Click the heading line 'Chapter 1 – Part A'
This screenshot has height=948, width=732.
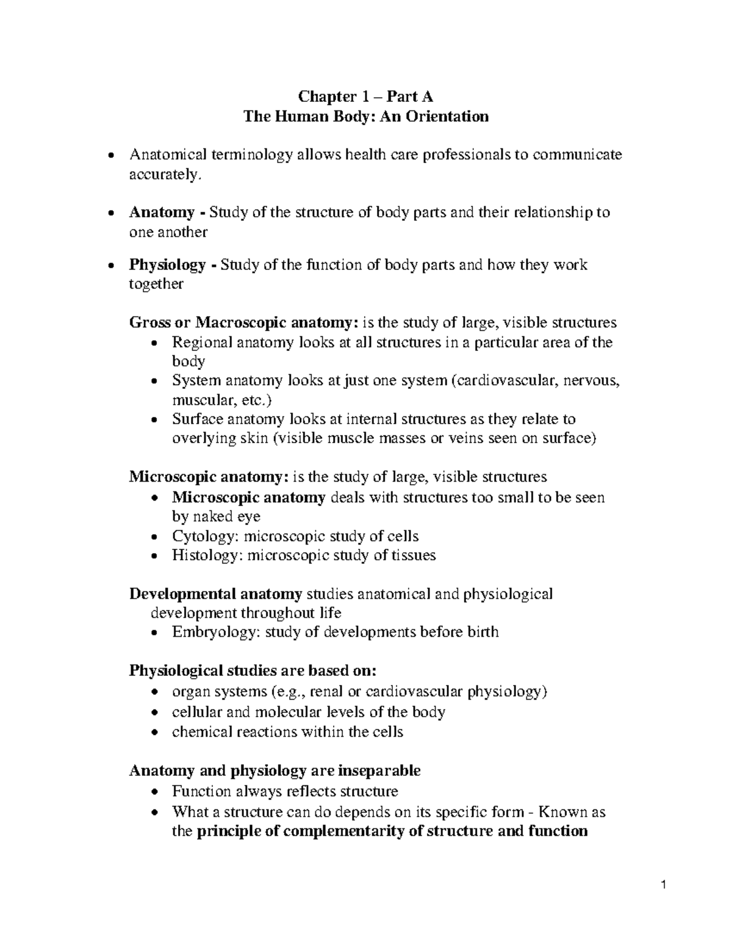coord(365,96)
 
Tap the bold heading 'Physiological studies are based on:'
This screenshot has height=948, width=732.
coord(253,671)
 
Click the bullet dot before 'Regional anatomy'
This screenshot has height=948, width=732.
coord(156,343)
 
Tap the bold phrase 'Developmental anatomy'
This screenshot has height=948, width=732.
coord(216,594)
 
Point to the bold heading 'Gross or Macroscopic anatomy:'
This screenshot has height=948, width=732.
coord(244,322)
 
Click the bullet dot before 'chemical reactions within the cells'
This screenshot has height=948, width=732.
coord(156,733)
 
